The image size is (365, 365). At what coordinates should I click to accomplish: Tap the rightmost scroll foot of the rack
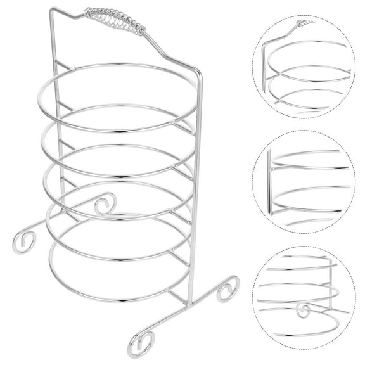[227, 289]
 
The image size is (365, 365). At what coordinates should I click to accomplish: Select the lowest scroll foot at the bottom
[141, 343]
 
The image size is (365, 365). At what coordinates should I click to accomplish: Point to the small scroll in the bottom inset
[304, 311]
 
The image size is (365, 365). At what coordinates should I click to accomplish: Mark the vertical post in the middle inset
[269, 184]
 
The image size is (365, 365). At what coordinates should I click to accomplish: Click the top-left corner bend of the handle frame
[52, 10]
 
